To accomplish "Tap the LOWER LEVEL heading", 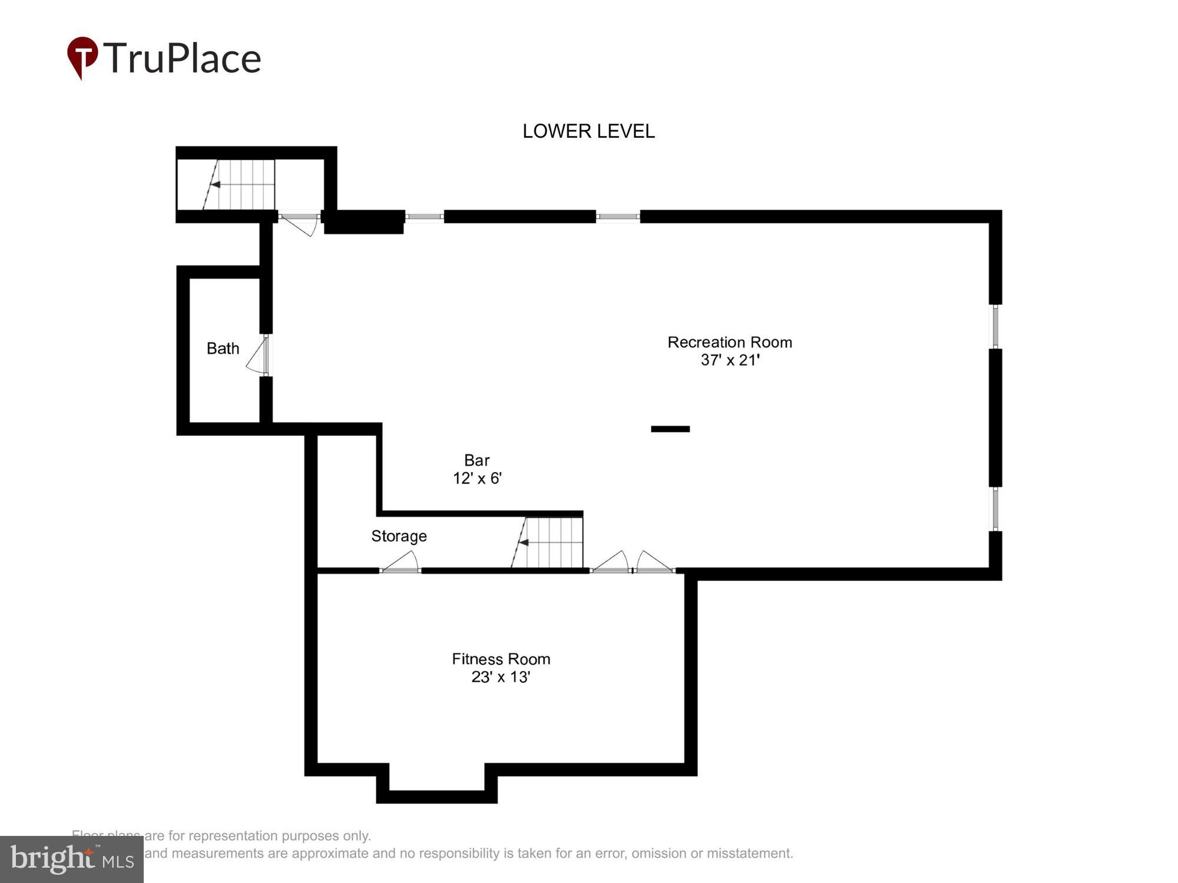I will [x=588, y=131].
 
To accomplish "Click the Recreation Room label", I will [x=729, y=342].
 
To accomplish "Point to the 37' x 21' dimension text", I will [x=730, y=360].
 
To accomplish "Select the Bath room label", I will [x=223, y=348].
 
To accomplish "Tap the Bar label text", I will [x=477, y=460].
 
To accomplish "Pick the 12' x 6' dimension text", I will [x=477, y=478].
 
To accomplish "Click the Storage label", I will [x=399, y=536].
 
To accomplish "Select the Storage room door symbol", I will [x=401, y=563].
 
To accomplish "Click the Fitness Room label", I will [x=501, y=659].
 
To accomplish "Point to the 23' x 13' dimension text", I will [x=501, y=677].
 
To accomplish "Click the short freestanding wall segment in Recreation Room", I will [x=670, y=429].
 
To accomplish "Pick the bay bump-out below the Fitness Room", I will [x=437, y=783].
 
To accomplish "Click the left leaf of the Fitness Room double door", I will [x=611, y=563].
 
